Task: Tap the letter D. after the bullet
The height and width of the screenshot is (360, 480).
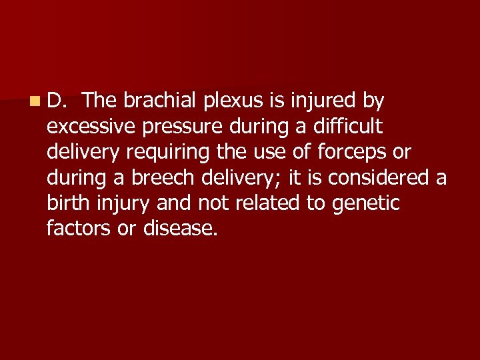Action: coord(57,101)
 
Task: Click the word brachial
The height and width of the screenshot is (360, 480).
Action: coord(158,101)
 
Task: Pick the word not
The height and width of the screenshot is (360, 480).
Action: coord(209,203)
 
